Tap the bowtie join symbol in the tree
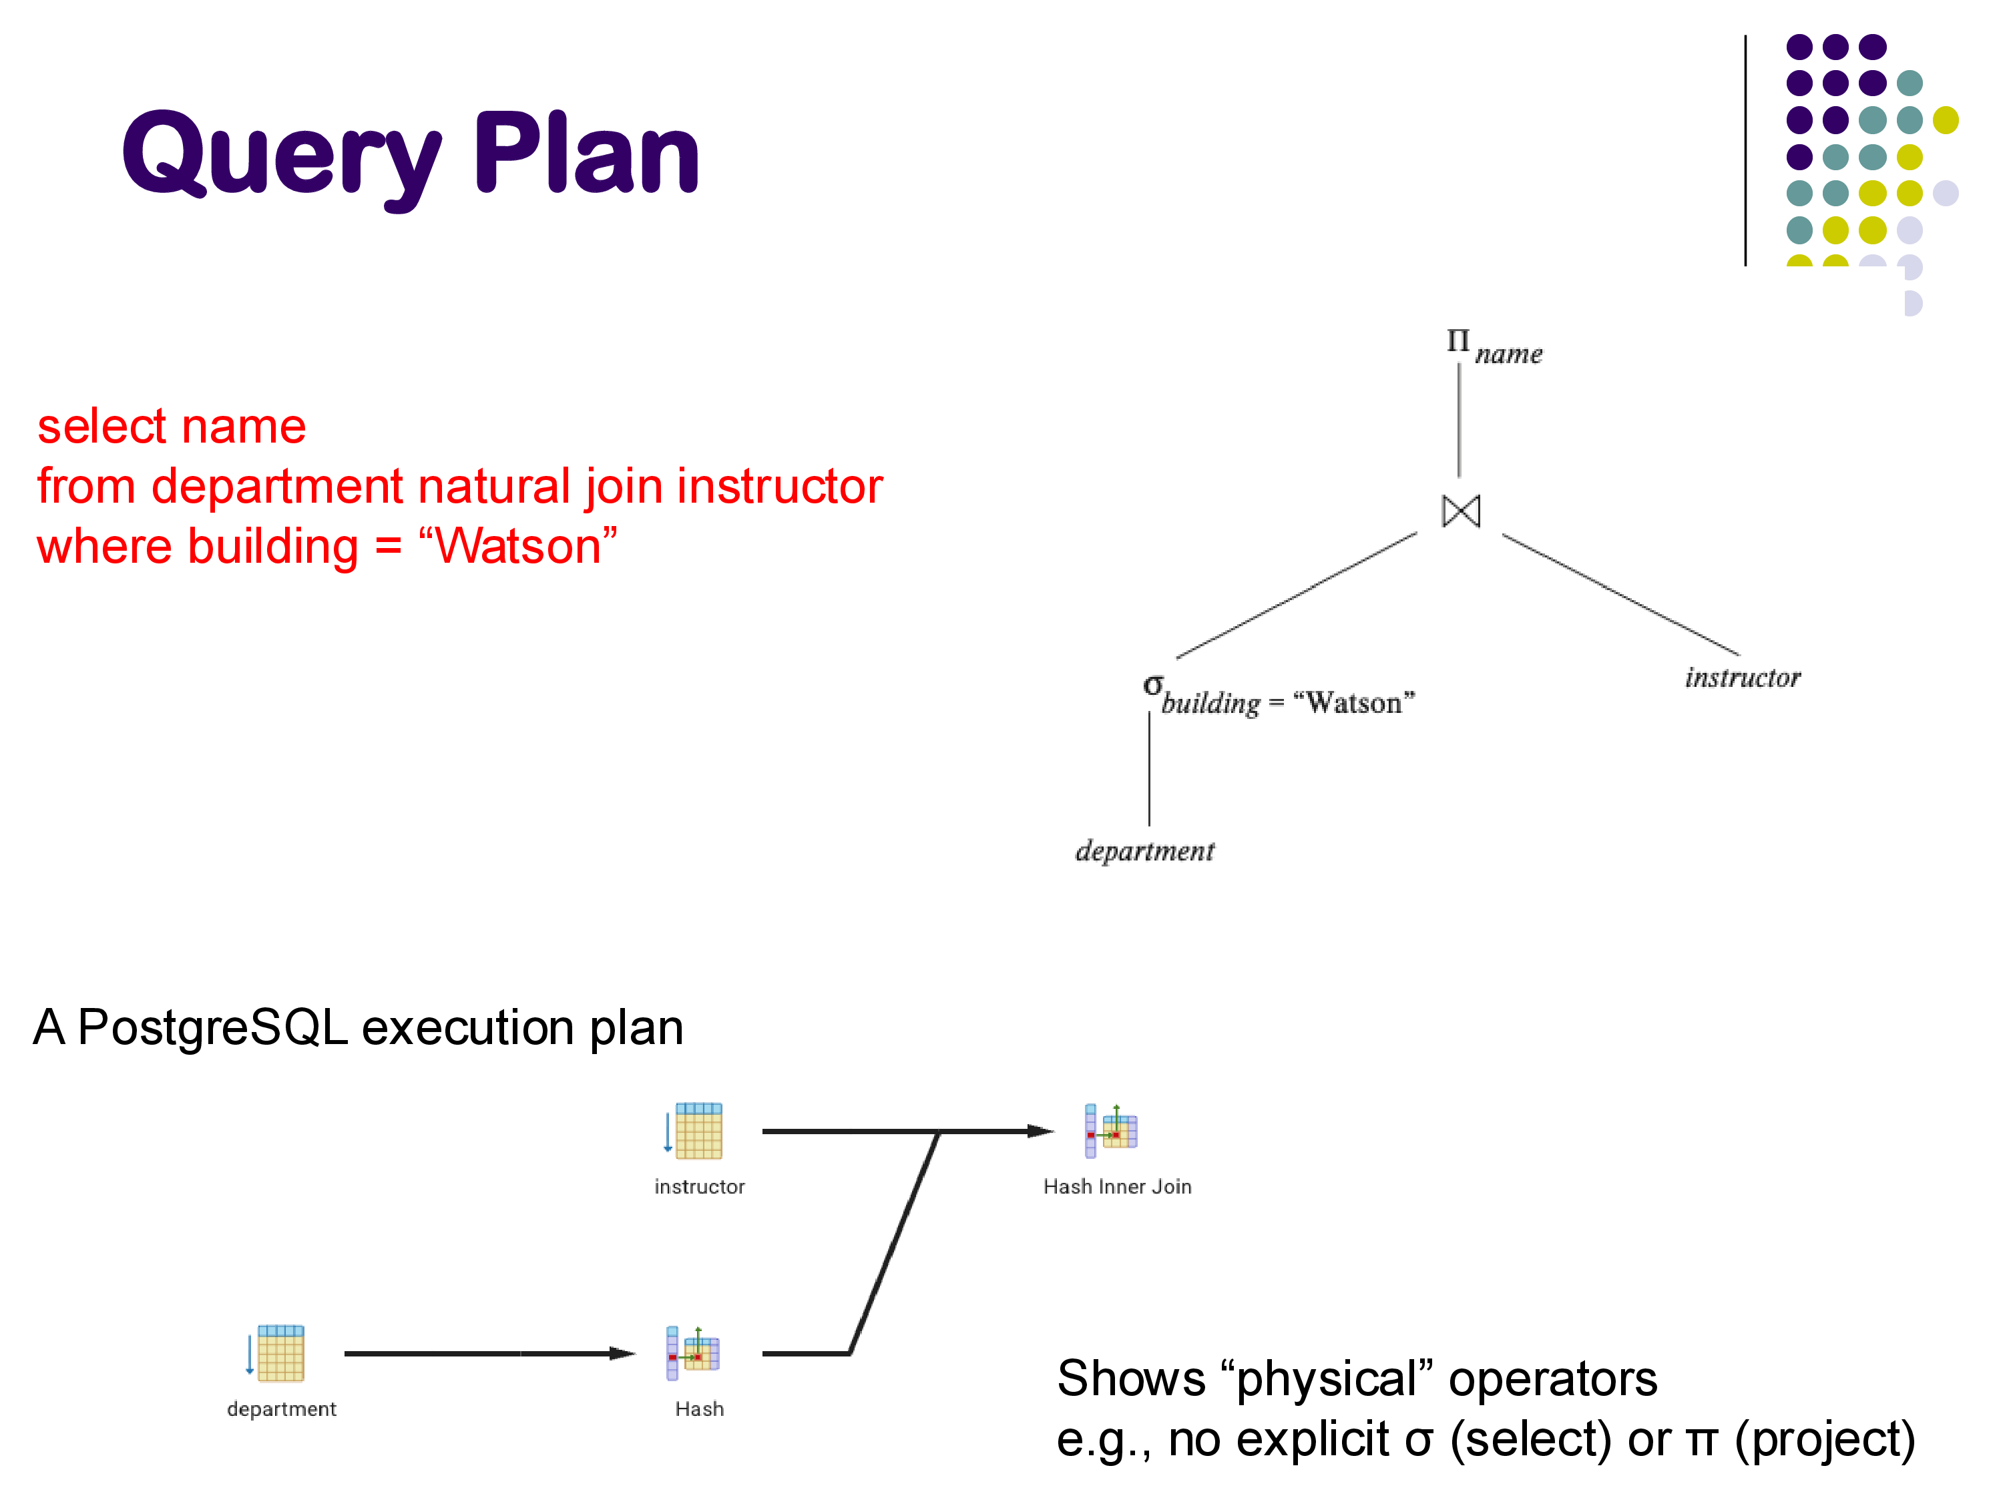1461,511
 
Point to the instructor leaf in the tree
1742,677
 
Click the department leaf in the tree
1144,851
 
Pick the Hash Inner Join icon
1111,1131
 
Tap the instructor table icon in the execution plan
696,1131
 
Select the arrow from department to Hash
489,1354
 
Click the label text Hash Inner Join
1118,1187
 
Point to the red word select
99,427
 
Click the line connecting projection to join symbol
1459,421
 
